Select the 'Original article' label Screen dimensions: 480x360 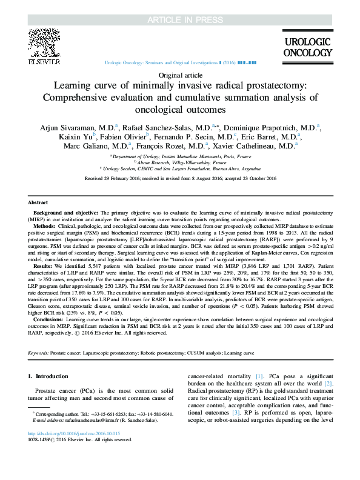(x=179, y=74)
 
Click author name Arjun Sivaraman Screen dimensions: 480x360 (x=66, y=128)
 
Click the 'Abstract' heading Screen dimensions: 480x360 (x=39, y=202)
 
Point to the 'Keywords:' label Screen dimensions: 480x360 (x=41, y=352)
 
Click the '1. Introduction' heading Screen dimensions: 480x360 (x=48, y=376)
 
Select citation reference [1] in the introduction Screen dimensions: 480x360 (x=259, y=376)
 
